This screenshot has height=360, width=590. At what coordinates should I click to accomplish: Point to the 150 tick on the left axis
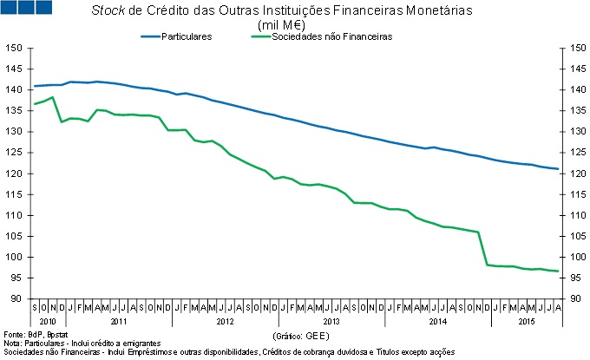point(14,48)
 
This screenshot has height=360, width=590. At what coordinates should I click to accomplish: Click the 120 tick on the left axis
point(14,173)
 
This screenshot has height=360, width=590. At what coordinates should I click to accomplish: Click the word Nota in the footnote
point(12,344)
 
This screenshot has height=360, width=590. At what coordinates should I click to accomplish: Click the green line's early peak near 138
point(53,97)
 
